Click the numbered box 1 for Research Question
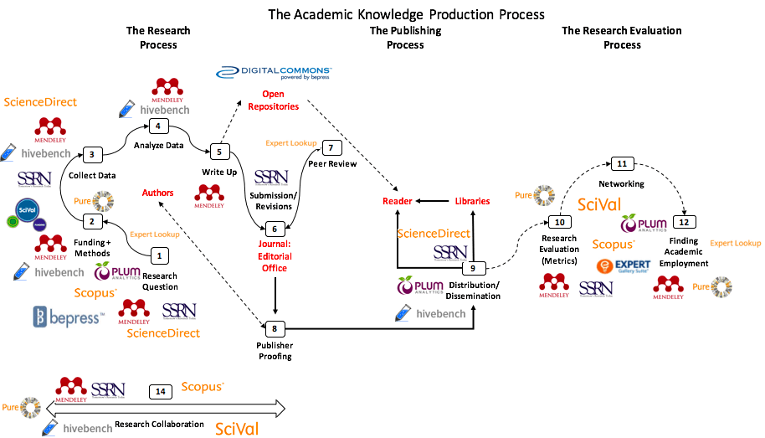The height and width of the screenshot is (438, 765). pyautogui.click(x=160, y=255)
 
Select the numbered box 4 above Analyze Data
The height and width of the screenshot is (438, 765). pyautogui.click(x=157, y=126)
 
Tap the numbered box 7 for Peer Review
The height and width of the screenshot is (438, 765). pyautogui.click(x=331, y=148)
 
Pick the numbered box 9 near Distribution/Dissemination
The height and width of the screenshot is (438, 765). pyautogui.click(x=473, y=268)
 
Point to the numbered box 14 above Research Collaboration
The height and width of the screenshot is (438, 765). pyautogui.click(x=161, y=391)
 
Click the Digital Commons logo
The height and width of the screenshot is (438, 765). pyautogui.click(x=275, y=74)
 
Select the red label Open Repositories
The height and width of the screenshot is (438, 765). pyautogui.click(x=280, y=100)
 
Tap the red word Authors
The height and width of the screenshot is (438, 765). pyautogui.click(x=157, y=193)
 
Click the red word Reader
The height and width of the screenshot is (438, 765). pyautogui.click(x=398, y=201)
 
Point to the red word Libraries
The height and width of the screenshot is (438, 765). pyautogui.click(x=472, y=201)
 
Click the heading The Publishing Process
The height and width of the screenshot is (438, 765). pyautogui.click(x=405, y=38)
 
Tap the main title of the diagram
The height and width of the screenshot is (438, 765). pyautogui.click(x=406, y=14)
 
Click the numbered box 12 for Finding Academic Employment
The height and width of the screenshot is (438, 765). pyautogui.click(x=685, y=223)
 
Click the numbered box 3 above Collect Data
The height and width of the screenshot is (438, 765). pyautogui.click(x=92, y=154)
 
